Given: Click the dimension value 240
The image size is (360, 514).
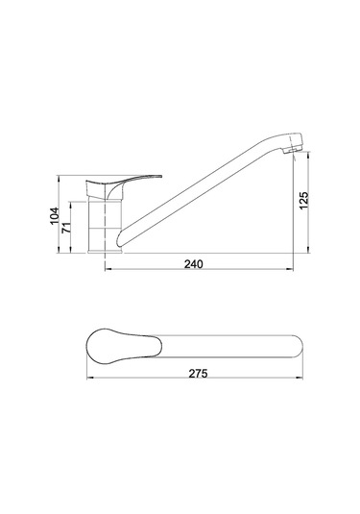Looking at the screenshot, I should tap(198, 264).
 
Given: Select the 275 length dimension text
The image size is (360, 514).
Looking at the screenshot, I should tap(198, 373).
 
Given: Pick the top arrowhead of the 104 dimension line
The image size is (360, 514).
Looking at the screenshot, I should tap(60, 178).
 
